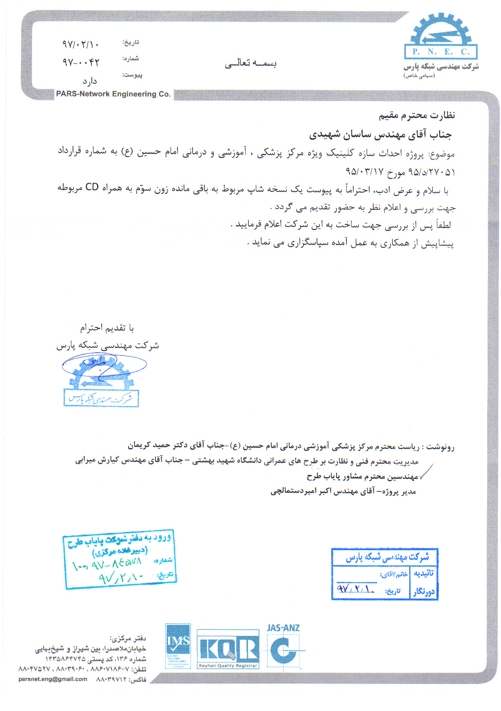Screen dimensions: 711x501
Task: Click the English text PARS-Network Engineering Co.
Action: (113, 94)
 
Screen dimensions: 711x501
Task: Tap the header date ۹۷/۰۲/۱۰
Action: (80, 44)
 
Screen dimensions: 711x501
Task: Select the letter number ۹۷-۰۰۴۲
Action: (81, 62)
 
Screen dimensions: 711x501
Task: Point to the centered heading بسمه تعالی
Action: (250, 63)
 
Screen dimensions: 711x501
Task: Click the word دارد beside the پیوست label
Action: (90, 81)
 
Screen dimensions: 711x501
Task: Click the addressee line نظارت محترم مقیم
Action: (417, 116)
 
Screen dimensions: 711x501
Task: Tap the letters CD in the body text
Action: (92, 187)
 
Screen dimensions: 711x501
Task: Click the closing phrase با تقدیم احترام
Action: (107, 328)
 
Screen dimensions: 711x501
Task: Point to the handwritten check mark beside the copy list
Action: (426, 471)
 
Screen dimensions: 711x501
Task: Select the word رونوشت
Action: (441, 447)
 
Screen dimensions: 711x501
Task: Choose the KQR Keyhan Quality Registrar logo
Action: (228, 649)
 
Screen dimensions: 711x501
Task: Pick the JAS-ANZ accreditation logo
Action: (284, 646)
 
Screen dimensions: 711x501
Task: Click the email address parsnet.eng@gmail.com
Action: (53, 679)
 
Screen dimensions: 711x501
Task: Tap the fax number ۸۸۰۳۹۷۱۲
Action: (111, 680)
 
